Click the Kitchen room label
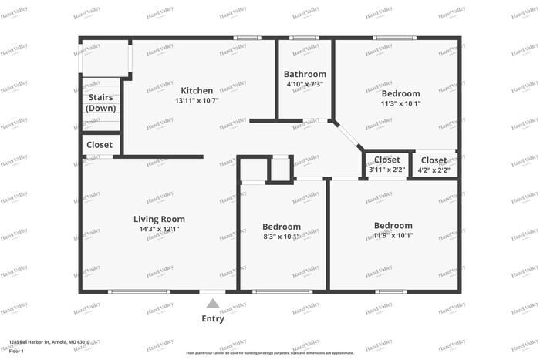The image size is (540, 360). click(197, 90)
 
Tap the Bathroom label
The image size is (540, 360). click(305, 75)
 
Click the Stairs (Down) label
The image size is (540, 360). click(101, 103)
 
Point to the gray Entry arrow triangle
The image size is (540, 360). click(212, 304)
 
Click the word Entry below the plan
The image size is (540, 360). click(213, 318)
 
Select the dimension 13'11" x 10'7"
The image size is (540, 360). click(197, 101)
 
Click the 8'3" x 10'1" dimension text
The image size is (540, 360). click(281, 236)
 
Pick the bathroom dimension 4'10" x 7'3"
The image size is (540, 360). click(305, 84)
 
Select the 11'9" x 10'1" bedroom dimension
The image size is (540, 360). click(393, 235)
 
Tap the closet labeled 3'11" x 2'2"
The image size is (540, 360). click(386, 170)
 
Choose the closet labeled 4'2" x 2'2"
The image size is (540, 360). click(434, 170)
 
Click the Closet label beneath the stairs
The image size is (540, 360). click(100, 144)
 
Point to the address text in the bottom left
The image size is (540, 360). click(49, 341)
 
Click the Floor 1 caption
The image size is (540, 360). click(17, 352)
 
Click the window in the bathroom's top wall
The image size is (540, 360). click(304, 38)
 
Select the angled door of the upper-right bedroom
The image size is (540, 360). click(348, 136)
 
